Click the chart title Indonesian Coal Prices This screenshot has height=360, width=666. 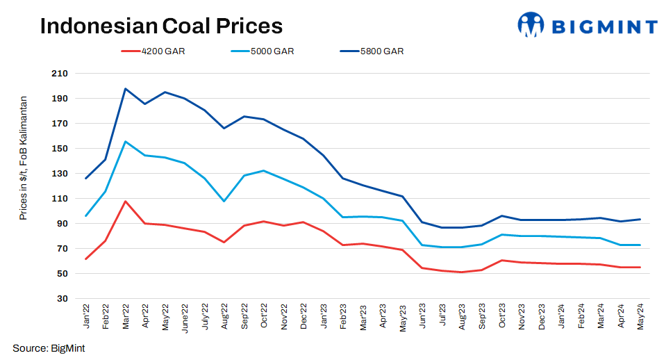(161, 26)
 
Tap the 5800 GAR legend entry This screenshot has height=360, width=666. (381, 51)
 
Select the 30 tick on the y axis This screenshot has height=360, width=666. (62, 299)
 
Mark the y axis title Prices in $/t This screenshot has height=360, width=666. (24, 158)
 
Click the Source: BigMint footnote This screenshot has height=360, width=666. (49, 347)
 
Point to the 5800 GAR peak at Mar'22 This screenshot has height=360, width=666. (125, 89)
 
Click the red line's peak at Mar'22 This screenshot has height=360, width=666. (125, 202)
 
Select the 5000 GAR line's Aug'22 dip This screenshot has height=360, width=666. (224, 202)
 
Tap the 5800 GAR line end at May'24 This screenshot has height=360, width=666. (640, 220)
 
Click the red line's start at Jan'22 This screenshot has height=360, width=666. (85, 259)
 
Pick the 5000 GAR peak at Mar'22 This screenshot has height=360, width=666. (125, 142)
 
